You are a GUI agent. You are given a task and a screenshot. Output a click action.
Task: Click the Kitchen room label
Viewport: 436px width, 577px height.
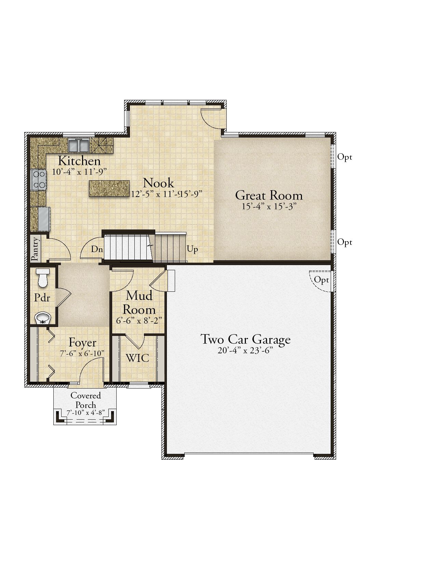[x=79, y=161]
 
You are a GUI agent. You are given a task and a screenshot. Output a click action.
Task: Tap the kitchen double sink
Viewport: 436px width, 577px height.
[x=79, y=146]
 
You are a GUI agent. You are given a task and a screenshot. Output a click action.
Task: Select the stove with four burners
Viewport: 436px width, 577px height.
[x=39, y=180]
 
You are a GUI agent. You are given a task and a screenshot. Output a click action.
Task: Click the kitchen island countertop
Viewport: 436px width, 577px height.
[x=109, y=188]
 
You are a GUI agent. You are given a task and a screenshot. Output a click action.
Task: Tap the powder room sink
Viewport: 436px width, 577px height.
[x=43, y=318]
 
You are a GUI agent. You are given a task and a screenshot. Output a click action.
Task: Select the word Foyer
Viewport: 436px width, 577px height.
[x=82, y=343]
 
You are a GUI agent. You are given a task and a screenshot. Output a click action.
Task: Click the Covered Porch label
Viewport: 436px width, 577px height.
[x=85, y=400]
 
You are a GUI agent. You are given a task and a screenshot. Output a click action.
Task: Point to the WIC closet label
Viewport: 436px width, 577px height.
[x=137, y=358]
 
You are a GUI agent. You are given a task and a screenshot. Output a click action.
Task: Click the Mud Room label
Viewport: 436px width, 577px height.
[x=139, y=303]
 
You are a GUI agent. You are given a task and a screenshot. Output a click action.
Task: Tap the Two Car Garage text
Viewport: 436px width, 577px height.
[x=246, y=340]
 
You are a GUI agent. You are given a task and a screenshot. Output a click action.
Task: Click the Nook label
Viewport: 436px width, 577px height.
[x=158, y=183]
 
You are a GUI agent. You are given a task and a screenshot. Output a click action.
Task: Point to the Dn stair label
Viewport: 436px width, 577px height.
[x=97, y=249]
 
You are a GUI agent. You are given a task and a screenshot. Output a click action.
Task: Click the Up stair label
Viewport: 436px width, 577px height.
[x=192, y=249]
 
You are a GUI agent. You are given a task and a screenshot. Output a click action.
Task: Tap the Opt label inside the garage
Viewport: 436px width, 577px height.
[x=321, y=280]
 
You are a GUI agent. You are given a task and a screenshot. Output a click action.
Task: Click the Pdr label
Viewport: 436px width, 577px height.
[x=42, y=298]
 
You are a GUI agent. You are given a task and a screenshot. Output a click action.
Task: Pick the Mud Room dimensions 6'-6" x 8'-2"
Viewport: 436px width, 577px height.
[x=139, y=320]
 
